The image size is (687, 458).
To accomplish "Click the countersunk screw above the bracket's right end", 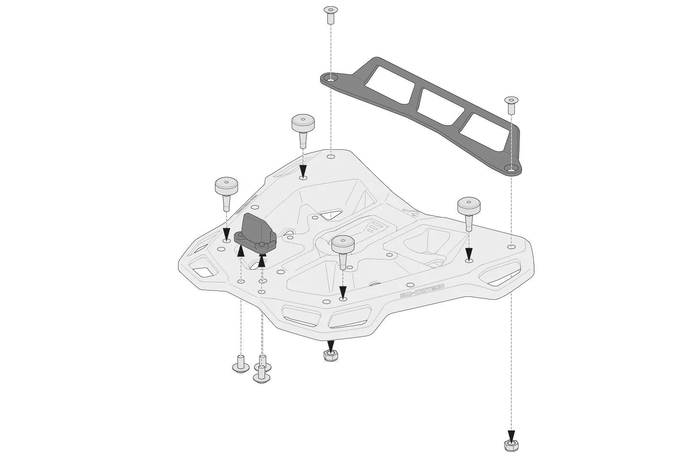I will (x=510, y=104).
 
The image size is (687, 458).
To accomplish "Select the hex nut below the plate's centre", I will (x=330, y=356).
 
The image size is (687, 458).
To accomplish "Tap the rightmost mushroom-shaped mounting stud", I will (x=468, y=211).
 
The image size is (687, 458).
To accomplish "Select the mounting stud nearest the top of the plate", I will (x=303, y=128).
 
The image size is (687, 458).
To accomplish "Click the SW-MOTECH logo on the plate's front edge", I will (x=422, y=291).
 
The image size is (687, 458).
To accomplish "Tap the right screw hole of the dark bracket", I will (x=512, y=170).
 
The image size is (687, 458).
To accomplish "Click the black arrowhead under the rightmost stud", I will (x=469, y=254).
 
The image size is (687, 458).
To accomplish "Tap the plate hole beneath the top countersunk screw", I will (x=331, y=156).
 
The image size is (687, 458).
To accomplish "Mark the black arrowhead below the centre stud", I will (x=343, y=292).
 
